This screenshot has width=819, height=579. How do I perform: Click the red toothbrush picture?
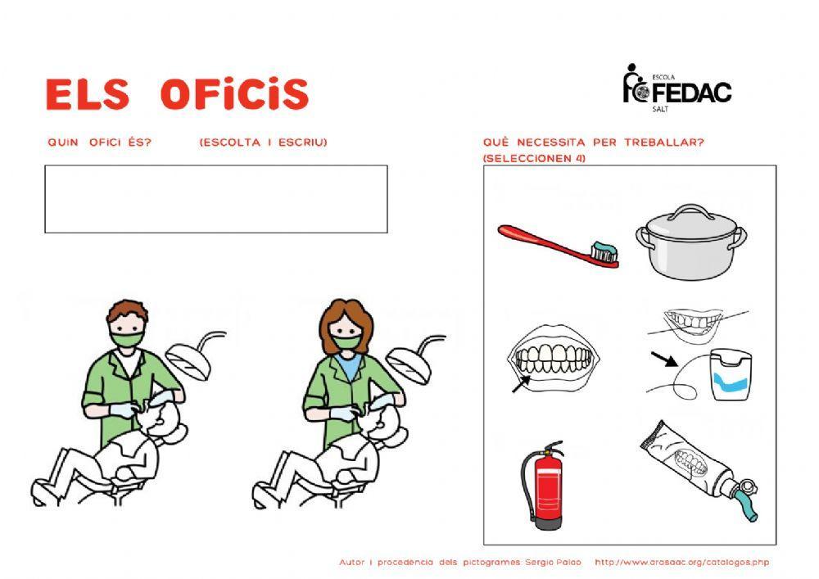pos(557,244)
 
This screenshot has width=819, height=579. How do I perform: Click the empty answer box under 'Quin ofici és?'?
pos(215,199)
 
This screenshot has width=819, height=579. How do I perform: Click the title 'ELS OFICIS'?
pos(177,95)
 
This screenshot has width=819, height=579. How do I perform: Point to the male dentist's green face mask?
pos(127,338)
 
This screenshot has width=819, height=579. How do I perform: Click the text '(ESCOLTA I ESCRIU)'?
pos(263,142)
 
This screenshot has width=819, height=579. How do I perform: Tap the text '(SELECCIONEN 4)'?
pos(534,158)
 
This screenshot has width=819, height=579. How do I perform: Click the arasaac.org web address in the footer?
pos(681,563)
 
